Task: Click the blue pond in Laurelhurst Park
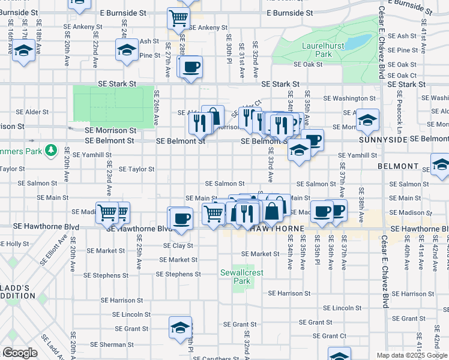pos(358,42)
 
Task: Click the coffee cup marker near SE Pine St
pos(191,67)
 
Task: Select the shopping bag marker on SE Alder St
pos(213,115)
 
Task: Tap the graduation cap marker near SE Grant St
pos(179,327)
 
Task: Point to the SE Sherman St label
pos(113,345)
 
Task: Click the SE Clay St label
pos(178,245)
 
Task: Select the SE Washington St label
pos(349,98)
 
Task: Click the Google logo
pos(20,353)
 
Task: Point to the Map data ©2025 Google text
pos(411,355)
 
